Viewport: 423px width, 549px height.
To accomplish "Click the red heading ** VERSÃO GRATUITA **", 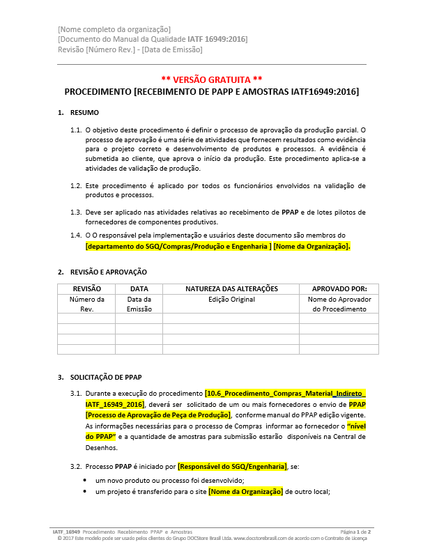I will (x=211, y=79).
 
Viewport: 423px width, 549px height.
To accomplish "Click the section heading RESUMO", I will (x=84, y=112).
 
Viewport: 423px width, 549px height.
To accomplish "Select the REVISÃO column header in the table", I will (x=86, y=288).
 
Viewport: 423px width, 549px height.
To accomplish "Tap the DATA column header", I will (x=139, y=288).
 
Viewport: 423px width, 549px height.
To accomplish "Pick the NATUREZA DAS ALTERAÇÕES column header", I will (x=231, y=288).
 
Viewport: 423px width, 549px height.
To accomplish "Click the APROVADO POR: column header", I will (x=339, y=288).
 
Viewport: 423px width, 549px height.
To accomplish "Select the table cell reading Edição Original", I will (x=231, y=299).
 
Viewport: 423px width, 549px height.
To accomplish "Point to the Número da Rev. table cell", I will (x=86, y=304).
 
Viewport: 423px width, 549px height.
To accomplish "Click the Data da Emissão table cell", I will (x=139, y=304).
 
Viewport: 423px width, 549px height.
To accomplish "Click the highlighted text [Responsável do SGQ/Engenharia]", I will (x=232, y=466).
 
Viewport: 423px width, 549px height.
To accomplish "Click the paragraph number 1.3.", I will (x=76, y=211).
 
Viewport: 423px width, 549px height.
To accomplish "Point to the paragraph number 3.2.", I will (x=76, y=466).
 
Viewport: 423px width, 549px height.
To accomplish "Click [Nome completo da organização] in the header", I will (x=114, y=29).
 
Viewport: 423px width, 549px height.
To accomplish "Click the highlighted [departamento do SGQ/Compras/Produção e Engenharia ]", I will (x=178, y=247).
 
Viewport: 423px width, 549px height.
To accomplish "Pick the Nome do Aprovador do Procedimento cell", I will (x=339, y=304).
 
